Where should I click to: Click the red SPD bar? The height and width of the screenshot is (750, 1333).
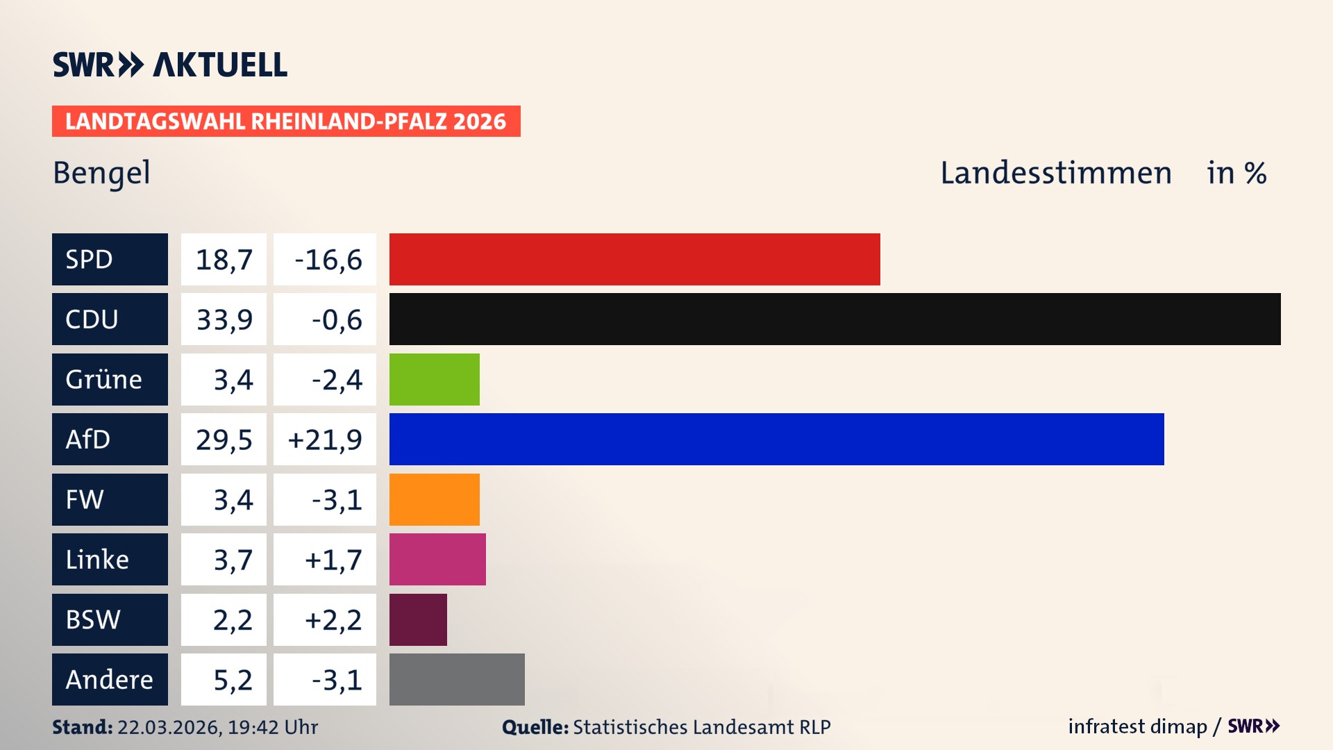635,259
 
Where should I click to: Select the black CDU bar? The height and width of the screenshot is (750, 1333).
835,319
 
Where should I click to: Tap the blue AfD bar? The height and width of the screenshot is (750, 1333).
776,439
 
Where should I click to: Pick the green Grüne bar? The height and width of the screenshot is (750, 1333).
434,379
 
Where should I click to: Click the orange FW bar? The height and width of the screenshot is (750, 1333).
434,499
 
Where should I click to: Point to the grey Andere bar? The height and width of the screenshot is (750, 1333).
457,679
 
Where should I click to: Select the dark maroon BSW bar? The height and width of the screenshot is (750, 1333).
418,619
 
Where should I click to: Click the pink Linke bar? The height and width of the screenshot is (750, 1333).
437,559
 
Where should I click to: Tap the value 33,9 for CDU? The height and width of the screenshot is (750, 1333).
224,319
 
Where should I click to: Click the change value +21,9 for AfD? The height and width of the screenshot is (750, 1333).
325,440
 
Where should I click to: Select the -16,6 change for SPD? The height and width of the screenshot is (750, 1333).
328,260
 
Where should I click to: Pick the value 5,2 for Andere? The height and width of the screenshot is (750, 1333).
233,680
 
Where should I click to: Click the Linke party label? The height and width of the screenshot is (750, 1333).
97,560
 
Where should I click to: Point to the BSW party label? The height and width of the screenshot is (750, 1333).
93,619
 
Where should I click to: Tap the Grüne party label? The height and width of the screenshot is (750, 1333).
103,380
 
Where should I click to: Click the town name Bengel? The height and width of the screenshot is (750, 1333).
101,173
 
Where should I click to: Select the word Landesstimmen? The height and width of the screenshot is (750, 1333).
1055,173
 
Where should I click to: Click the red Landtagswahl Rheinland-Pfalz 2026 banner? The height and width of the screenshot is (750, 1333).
286,122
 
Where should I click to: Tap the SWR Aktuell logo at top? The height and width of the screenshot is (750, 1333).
170,65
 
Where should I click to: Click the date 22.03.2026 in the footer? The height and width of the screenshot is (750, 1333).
169,727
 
